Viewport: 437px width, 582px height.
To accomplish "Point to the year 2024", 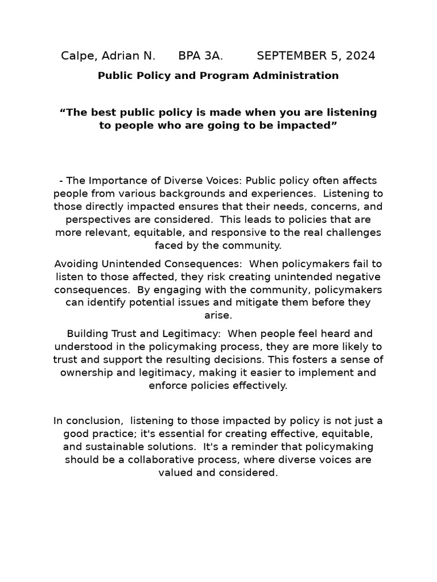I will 358,56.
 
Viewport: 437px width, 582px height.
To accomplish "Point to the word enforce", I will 169,386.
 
